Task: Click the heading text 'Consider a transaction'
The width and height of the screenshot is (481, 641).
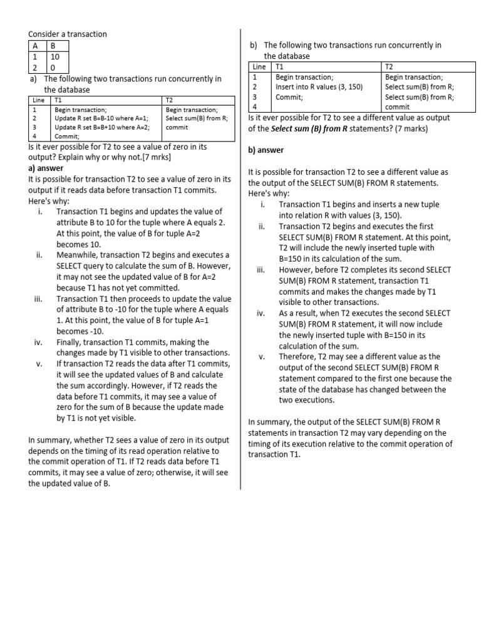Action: [68, 34]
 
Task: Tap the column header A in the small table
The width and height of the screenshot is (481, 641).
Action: [36, 46]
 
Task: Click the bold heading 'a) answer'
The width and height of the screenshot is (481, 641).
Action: [46, 168]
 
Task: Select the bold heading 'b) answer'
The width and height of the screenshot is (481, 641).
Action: [266, 150]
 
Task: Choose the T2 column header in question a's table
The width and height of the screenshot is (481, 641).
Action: [170, 100]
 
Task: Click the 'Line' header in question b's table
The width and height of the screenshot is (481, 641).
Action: [259, 66]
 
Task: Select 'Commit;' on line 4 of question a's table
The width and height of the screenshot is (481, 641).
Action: [67, 136]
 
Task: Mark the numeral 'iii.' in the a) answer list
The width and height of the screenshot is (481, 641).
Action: [38, 299]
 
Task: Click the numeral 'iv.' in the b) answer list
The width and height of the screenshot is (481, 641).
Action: [261, 313]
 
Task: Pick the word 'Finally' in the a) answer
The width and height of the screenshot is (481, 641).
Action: [70, 342]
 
